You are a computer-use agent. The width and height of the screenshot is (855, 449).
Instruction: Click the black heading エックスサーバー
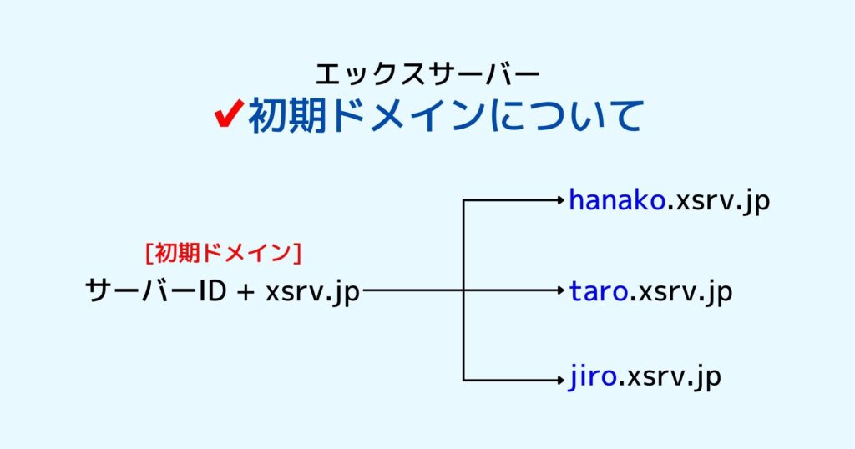[427, 74]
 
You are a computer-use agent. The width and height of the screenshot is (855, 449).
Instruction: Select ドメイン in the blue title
[407, 115]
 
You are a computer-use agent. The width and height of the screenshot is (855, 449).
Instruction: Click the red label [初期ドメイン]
[224, 253]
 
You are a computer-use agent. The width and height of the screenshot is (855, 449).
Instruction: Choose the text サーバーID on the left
[156, 291]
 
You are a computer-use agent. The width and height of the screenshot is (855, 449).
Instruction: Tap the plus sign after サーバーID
[246, 292]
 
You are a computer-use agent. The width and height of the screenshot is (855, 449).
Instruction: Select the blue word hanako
[617, 200]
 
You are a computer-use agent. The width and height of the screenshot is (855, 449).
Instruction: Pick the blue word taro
[598, 291]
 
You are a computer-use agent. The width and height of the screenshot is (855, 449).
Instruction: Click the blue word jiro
[592, 377]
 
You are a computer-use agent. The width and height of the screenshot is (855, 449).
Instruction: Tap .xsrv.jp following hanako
[717, 202]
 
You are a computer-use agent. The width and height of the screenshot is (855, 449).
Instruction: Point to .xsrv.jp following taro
[680, 293]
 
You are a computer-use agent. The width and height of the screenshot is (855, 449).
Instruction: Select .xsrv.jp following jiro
[670, 378]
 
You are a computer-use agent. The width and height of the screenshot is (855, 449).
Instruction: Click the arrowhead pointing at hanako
[560, 200]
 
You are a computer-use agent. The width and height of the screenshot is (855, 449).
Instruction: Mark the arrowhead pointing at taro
[560, 291]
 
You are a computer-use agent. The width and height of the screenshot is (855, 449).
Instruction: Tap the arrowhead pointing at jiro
[560, 381]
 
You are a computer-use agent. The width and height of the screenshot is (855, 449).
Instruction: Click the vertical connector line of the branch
[463, 290]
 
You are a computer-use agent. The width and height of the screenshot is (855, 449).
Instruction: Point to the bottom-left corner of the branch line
[463, 381]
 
